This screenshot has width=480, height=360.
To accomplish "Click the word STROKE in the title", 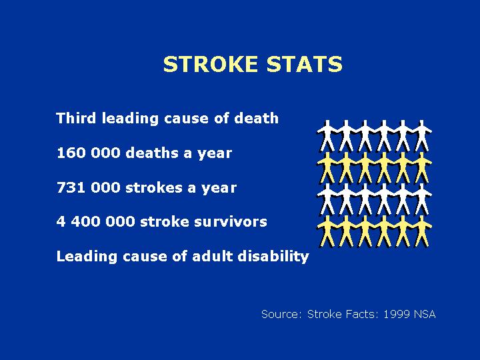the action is click(x=210, y=64).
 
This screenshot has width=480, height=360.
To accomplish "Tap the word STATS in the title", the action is click(x=304, y=64).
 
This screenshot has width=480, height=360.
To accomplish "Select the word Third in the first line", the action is click(x=76, y=118).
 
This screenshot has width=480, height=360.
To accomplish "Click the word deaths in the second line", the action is click(x=152, y=153).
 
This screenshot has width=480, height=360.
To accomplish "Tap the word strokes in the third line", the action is click(x=154, y=187).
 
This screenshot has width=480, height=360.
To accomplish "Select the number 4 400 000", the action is click(x=95, y=221).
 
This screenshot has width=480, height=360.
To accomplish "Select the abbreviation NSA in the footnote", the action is click(x=425, y=314).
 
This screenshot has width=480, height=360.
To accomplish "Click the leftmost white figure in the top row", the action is click(x=327, y=136).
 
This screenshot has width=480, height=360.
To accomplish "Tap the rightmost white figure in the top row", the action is click(x=422, y=136).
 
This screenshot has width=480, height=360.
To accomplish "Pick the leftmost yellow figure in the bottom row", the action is click(x=327, y=231).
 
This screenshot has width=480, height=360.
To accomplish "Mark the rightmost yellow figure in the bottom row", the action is click(x=422, y=231).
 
